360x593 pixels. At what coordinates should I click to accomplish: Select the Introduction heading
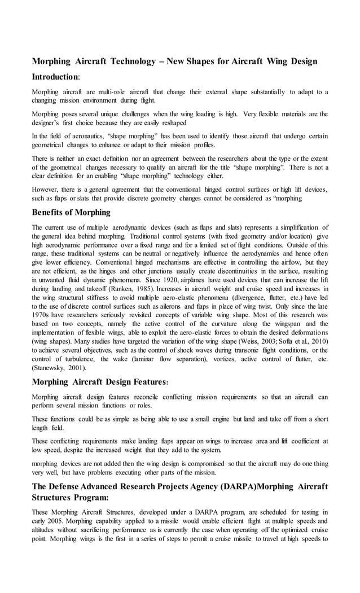[x=55, y=76]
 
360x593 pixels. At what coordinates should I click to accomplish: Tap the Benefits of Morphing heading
[x=71, y=212]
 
